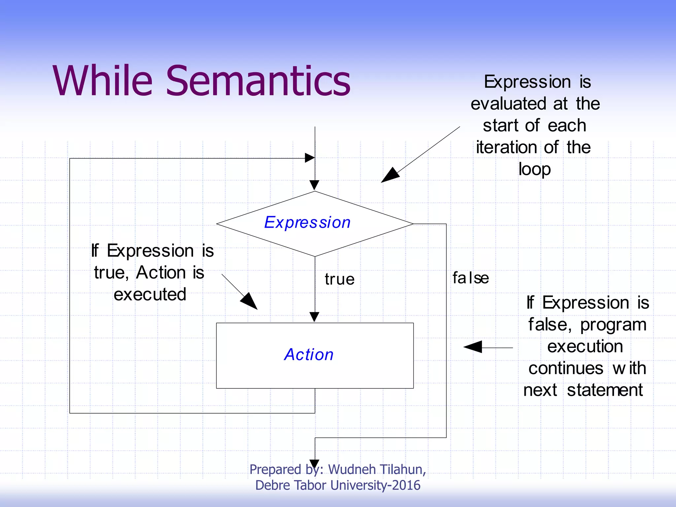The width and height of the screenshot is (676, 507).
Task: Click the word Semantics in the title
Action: tap(258, 81)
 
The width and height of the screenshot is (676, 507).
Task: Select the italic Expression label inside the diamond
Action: tap(307, 222)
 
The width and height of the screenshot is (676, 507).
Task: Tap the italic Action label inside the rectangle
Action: tap(309, 355)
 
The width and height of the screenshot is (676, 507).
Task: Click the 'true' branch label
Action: tap(340, 279)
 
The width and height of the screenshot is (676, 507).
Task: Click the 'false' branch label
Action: tap(470, 278)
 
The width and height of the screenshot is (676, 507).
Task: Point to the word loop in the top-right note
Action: tap(534, 169)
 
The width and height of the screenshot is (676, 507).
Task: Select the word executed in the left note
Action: tap(150, 294)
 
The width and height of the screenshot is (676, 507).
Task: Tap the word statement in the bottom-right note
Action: tap(605, 390)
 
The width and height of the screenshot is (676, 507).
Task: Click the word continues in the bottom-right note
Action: tap(566, 368)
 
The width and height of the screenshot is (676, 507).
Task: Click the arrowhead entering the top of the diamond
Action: tap(315, 185)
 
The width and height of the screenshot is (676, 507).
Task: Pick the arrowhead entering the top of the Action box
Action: tap(315, 317)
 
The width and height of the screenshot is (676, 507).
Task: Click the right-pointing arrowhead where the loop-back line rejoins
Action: tap(309, 158)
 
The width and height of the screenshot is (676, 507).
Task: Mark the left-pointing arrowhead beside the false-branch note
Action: tap(473, 347)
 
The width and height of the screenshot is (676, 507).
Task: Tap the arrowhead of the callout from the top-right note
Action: tap(389, 176)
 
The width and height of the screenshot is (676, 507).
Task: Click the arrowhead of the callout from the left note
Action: tap(250, 301)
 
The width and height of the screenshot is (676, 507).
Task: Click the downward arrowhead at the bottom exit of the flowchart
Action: tap(315, 464)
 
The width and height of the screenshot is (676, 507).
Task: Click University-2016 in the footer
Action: tap(375, 485)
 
